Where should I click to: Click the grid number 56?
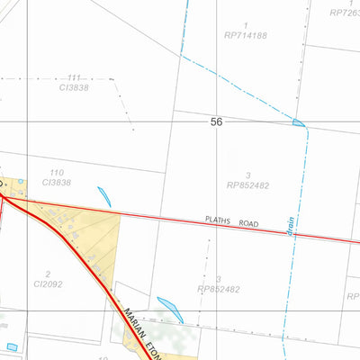216,121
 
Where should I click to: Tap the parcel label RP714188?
247,36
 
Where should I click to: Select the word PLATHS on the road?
218,219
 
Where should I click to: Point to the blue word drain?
292,226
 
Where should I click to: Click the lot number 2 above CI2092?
46,273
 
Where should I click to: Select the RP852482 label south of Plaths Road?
220,289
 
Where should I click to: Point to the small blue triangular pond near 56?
298,121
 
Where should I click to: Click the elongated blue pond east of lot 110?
104,196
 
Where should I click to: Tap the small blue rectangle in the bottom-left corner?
12,347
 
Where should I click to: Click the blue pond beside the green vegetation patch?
170,309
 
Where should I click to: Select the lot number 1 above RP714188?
246,25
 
